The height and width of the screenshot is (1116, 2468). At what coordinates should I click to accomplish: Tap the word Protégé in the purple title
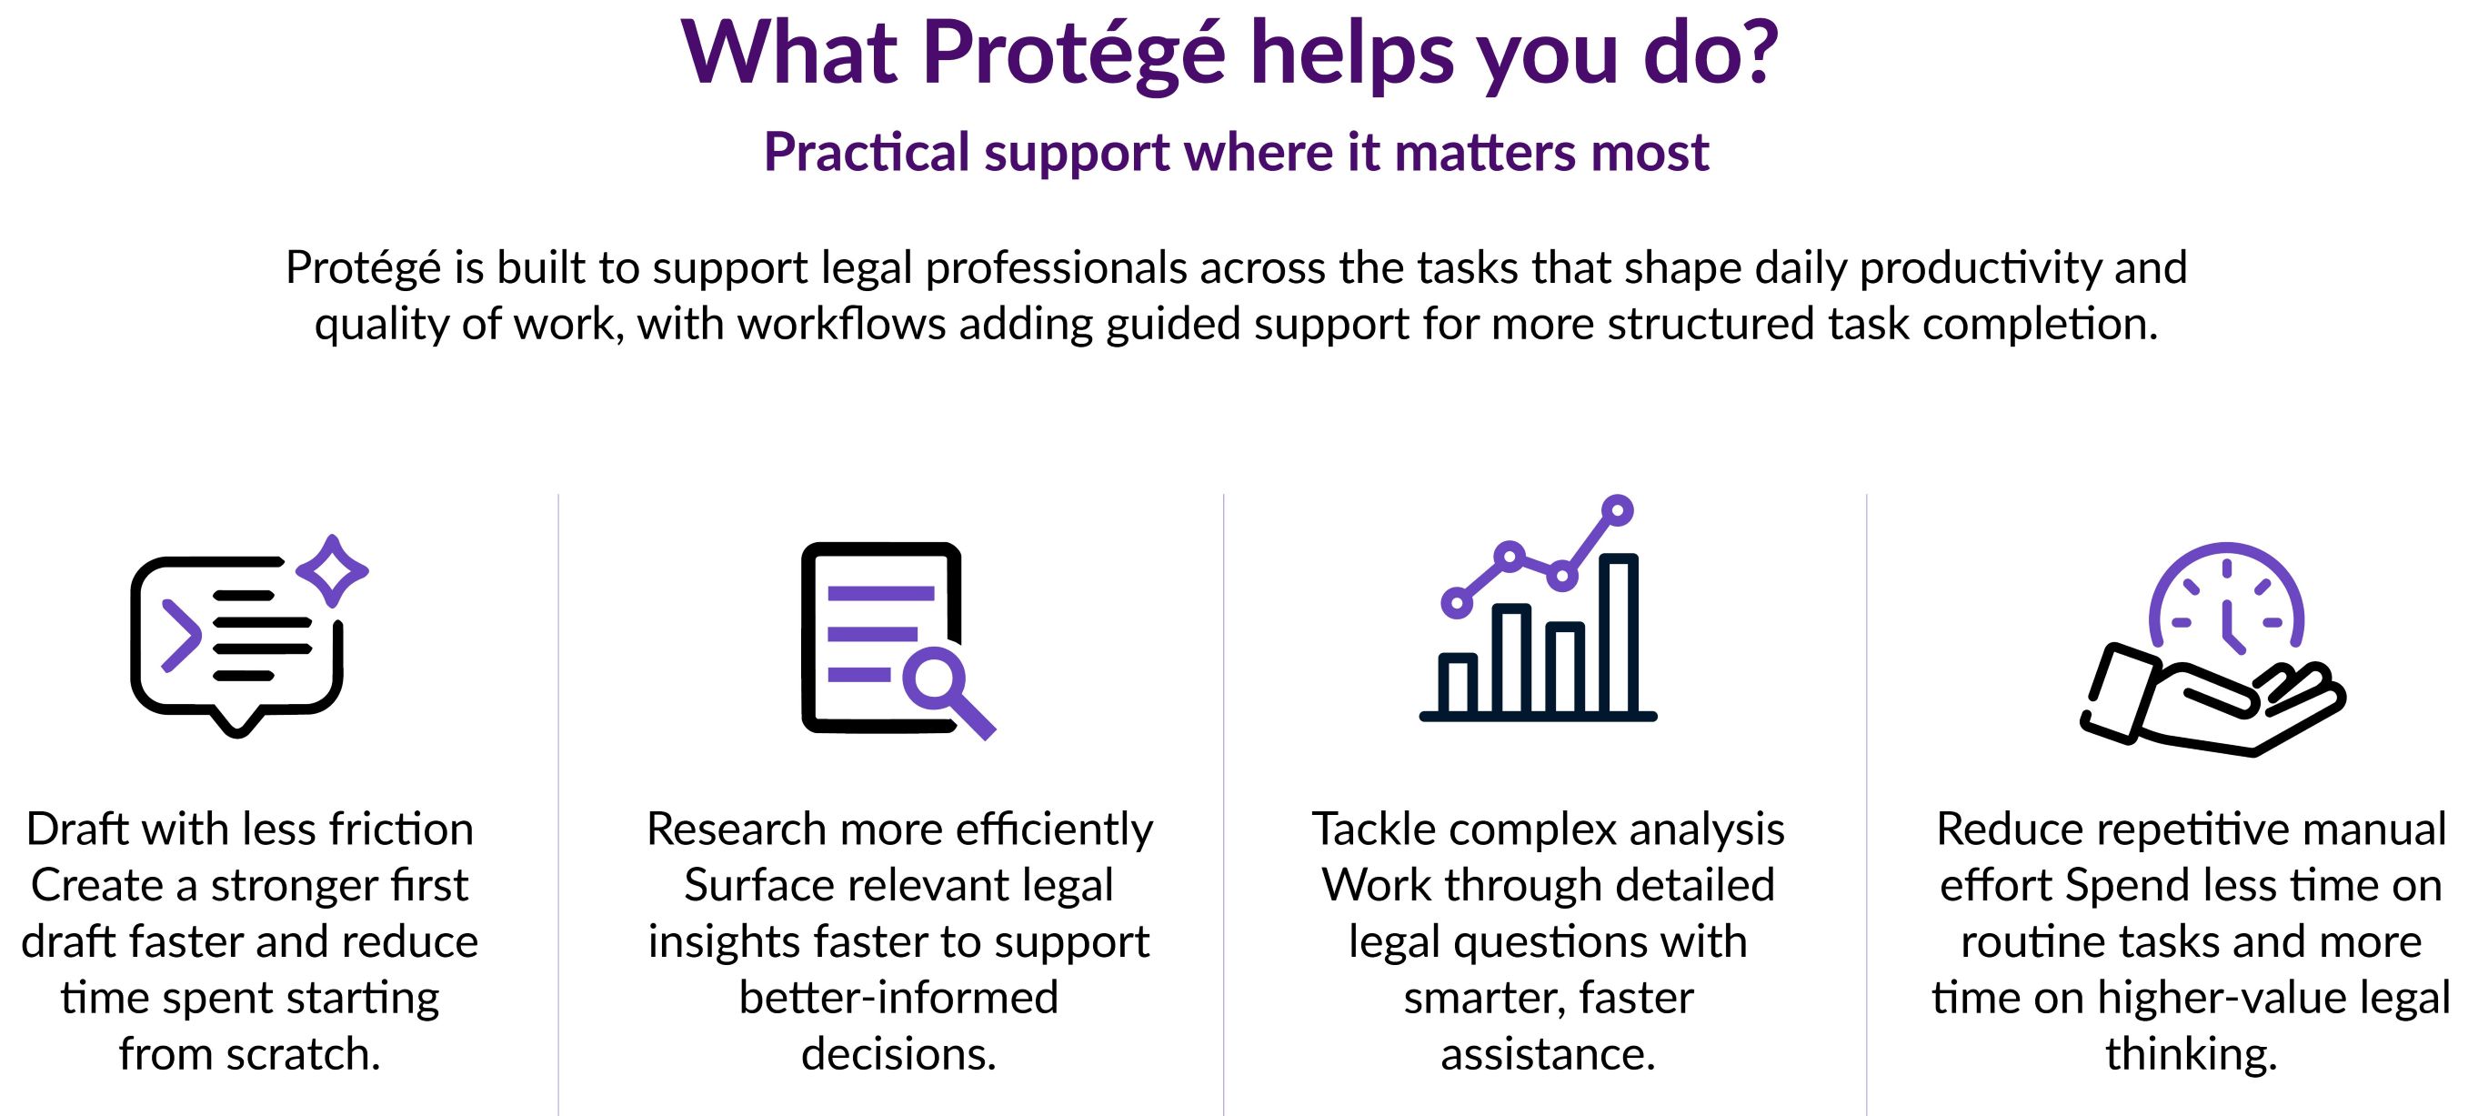click(1074, 55)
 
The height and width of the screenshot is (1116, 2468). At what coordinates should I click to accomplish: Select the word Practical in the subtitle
click(867, 152)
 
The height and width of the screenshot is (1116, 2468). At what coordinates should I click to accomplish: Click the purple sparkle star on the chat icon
click(333, 571)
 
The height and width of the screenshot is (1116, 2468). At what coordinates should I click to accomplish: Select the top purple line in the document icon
click(880, 593)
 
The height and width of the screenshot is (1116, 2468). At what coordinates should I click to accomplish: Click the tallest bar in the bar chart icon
click(1617, 633)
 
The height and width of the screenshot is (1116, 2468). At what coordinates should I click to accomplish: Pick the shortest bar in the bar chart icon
click(1457, 684)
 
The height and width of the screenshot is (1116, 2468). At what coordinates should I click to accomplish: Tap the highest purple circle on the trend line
click(1617, 510)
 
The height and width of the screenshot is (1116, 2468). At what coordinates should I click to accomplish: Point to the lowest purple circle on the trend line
click(1456, 602)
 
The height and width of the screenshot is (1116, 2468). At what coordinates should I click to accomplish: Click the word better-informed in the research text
click(898, 998)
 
